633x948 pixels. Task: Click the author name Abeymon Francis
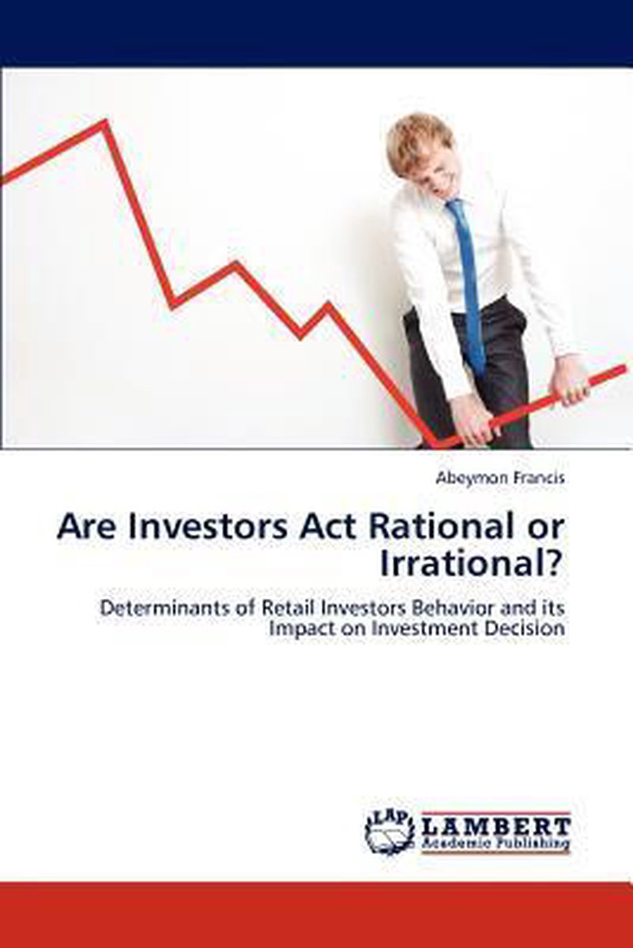499,479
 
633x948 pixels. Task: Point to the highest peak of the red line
104,122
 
